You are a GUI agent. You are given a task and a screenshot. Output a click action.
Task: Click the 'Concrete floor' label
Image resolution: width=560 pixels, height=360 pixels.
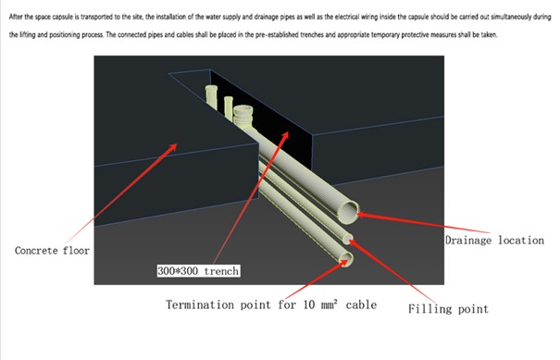[x=52, y=251]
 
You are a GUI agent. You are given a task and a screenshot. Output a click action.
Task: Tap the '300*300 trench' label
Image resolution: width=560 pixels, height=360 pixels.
[x=198, y=271]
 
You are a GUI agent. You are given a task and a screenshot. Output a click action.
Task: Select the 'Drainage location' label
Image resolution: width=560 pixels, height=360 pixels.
[x=494, y=241]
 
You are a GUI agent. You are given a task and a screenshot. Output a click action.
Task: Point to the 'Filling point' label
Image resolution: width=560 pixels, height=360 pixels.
[x=448, y=308]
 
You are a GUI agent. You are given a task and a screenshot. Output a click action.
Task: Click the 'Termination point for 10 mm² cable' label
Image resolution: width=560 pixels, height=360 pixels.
[x=271, y=304]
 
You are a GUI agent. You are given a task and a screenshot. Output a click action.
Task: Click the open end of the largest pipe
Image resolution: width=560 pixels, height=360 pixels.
[x=349, y=212]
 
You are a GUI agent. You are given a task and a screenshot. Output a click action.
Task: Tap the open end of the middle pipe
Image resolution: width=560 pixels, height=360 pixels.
[x=348, y=239]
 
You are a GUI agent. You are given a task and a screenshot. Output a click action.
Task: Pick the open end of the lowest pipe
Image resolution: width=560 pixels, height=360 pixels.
[x=346, y=259]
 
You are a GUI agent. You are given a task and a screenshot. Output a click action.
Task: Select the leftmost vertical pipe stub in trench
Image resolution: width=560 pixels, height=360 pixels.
[x=211, y=95]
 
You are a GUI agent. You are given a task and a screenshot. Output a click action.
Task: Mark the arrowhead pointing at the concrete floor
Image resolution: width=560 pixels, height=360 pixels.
[x=172, y=147]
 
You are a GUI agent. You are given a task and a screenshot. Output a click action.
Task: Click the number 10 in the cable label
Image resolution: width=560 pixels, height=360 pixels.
[x=309, y=304]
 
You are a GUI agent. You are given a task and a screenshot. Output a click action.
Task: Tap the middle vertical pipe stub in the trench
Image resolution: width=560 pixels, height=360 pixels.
[x=229, y=106]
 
